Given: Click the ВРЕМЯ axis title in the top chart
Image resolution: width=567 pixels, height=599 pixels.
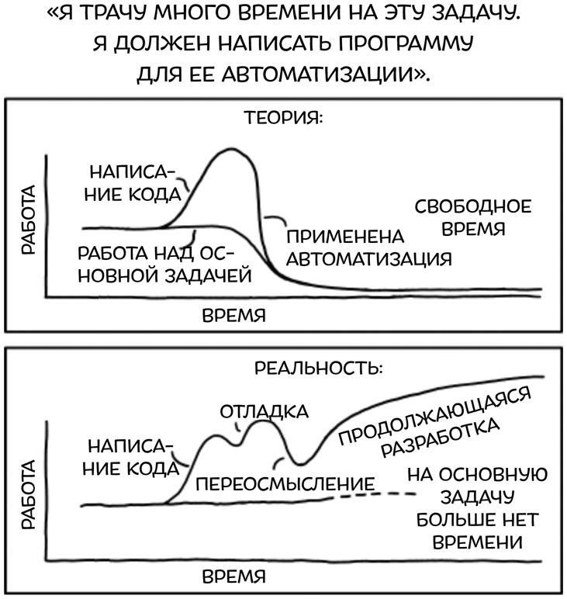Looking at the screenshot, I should pyautogui.click(x=233, y=316).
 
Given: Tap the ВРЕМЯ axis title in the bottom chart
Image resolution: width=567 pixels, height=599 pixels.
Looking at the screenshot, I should pyautogui.click(x=233, y=577).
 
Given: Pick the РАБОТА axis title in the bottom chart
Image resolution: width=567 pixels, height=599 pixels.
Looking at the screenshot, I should pyautogui.click(x=29, y=493).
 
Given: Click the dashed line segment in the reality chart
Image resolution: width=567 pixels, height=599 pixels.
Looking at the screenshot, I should pyautogui.click(x=376, y=494).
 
